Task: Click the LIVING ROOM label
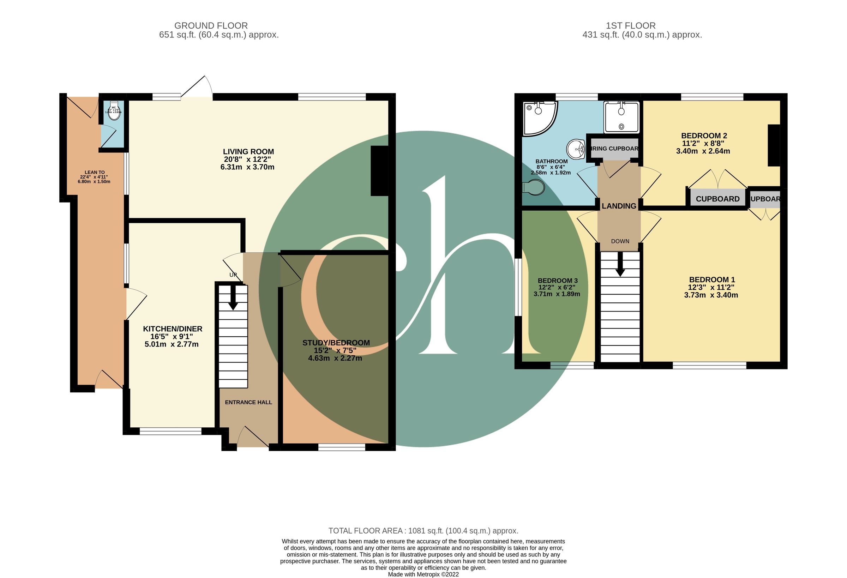(248, 152)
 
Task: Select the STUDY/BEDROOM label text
(336, 343)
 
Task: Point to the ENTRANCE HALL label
(248, 402)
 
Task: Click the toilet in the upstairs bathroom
(534, 188)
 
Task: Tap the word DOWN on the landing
(620, 241)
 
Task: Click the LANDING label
(619, 206)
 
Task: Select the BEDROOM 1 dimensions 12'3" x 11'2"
(711, 287)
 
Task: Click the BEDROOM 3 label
(557, 281)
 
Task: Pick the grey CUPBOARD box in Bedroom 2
(717, 199)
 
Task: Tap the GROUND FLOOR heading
(211, 26)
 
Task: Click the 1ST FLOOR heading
(631, 26)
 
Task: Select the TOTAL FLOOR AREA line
(423, 531)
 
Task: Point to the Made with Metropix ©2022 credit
(423, 574)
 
